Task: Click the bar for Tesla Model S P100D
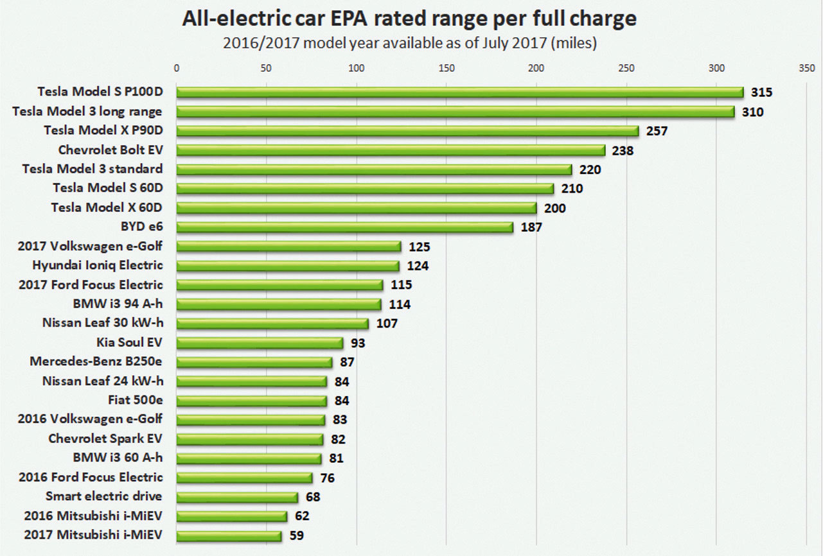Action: click(459, 92)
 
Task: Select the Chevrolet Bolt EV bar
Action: click(391, 150)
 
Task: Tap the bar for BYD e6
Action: click(344, 227)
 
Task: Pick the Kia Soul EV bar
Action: click(260, 343)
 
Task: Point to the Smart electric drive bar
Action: click(237, 497)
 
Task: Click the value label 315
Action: click(761, 92)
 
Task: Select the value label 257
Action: click(657, 131)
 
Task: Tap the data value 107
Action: click(387, 324)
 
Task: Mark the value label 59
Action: click(297, 535)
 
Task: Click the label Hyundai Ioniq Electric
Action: click(98, 265)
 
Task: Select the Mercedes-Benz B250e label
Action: click(96, 361)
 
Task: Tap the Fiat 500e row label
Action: click(136, 400)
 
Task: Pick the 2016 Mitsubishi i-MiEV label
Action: click(93, 516)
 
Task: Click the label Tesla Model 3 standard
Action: click(92, 169)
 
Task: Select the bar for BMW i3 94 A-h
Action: click(279, 304)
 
